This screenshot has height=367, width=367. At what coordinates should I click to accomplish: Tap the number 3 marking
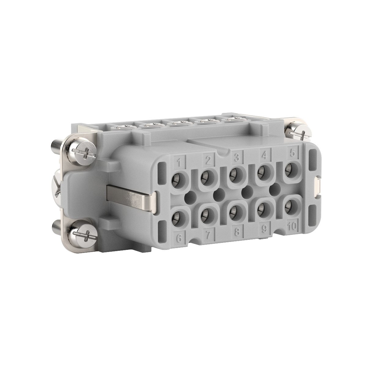(236, 158)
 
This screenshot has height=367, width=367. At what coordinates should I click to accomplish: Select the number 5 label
(292, 153)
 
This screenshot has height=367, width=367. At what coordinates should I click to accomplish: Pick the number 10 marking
(292, 227)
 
